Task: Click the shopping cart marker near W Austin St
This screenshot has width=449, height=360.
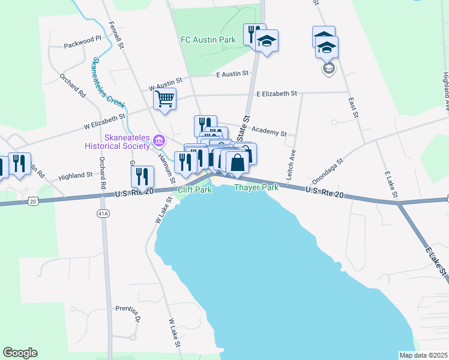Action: click(x=164, y=98)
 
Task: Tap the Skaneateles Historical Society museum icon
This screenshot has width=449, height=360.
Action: click(x=159, y=142)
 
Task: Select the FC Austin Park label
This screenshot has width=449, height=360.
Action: click(x=207, y=40)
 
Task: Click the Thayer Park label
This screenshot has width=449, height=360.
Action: click(x=256, y=188)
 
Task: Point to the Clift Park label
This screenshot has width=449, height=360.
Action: click(x=195, y=190)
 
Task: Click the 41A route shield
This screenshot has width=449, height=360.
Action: click(x=104, y=213)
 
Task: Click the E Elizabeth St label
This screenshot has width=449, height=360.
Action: click(x=277, y=94)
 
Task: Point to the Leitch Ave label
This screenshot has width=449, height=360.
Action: click(x=293, y=162)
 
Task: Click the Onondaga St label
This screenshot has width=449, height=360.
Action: click(x=327, y=171)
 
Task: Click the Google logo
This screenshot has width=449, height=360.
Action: click(x=20, y=353)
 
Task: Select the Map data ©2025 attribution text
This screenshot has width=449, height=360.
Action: click(x=423, y=355)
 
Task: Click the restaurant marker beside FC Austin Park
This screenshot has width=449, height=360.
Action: click(x=253, y=34)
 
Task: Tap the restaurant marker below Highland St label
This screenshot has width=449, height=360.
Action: click(x=142, y=176)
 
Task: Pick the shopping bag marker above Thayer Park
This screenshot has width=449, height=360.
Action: click(x=238, y=161)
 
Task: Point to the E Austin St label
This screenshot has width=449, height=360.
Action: click(x=232, y=73)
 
